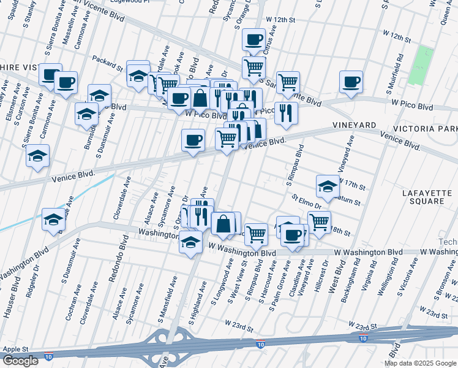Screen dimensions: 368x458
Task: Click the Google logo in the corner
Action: (x=20, y=361)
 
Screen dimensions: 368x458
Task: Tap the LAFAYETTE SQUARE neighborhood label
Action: (x=427, y=197)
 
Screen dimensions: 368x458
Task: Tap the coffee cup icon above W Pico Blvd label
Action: (x=179, y=98)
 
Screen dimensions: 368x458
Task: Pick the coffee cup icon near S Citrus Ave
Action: (x=253, y=40)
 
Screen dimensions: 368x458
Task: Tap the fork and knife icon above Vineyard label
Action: (x=286, y=112)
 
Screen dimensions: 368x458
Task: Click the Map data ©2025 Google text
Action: (x=421, y=363)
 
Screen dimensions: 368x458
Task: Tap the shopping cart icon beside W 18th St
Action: (x=319, y=221)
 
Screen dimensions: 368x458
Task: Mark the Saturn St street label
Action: (x=349, y=201)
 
